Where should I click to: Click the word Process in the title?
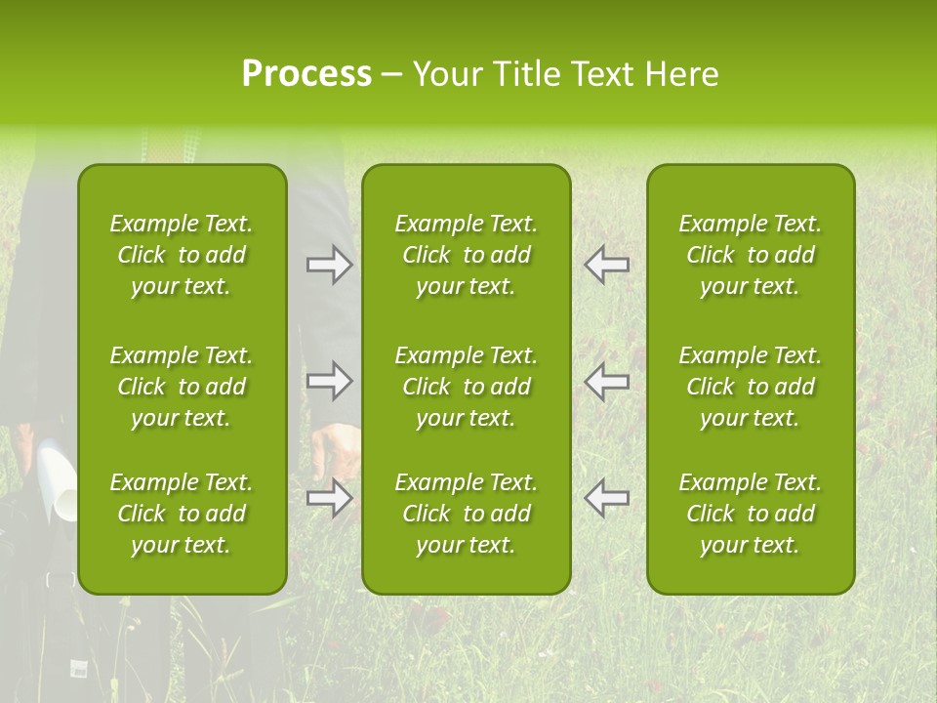306,74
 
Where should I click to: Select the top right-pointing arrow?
330,265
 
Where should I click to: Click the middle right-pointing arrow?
330,381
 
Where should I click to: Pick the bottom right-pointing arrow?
330,498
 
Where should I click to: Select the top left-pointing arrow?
606,265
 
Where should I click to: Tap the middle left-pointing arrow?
606,381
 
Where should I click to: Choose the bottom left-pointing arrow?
606,498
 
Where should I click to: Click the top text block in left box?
182,255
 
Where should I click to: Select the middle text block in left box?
182,387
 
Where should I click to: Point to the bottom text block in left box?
182,514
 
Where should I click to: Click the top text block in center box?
466,255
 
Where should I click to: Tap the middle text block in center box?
466,387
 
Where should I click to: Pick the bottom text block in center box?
466,514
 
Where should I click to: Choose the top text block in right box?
750,255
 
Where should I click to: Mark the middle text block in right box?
750,387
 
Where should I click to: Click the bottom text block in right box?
750,514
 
